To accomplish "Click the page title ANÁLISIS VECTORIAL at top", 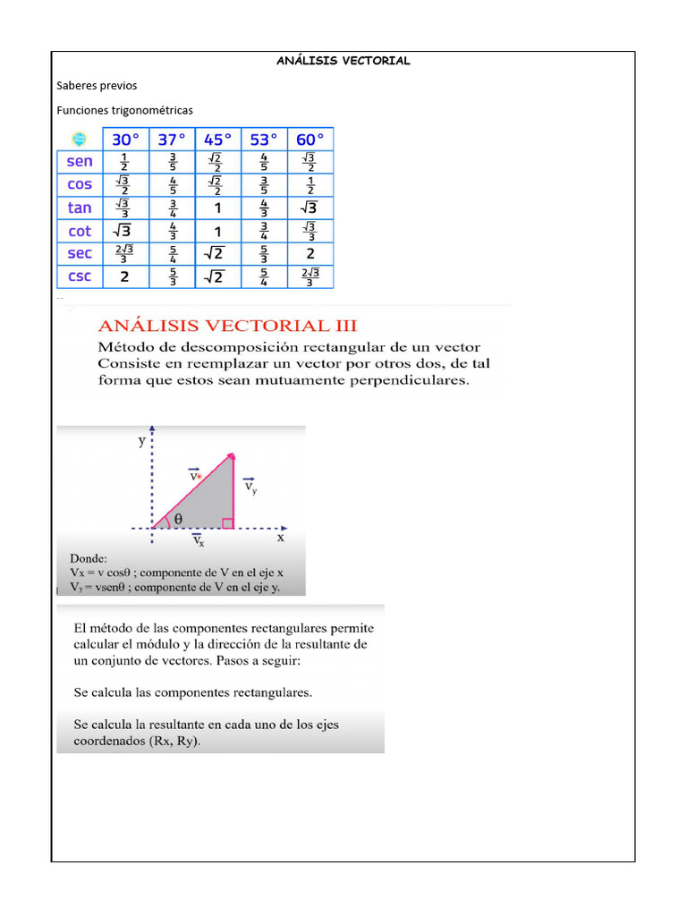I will click(343, 61).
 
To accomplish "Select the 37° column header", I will click(172, 140).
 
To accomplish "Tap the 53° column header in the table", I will click(264, 140).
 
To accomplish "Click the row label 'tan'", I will click(80, 208).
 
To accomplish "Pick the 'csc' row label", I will click(80, 276).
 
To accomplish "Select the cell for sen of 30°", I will click(124, 162).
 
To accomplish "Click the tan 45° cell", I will click(217, 208).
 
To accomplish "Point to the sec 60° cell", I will click(310, 253).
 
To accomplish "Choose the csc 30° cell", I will click(124, 276).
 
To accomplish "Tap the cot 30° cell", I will click(124, 231).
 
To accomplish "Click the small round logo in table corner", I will click(79, 140).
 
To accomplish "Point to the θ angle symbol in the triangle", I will click(178, 518).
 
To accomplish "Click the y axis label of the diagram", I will click(141, 441).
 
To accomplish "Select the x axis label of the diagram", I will click(280, 538).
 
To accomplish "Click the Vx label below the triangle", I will click(199, 540).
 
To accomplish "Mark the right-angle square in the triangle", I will click(228, 522).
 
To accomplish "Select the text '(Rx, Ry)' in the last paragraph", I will click(174, 742).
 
